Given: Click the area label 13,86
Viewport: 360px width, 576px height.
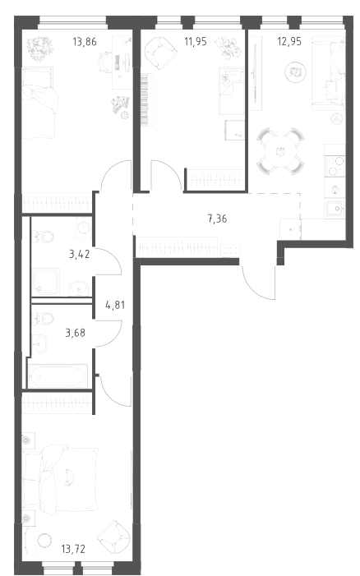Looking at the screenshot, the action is coord(85,42).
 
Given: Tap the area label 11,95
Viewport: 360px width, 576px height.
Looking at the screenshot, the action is coord(195,42).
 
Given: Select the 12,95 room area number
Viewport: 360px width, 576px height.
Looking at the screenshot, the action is coord(289,41).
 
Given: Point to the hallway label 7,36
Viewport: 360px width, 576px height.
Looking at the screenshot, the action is coord(217,219).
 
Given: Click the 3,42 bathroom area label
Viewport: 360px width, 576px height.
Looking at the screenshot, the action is coord(80,254).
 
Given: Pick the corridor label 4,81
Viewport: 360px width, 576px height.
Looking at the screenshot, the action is coord(115,305).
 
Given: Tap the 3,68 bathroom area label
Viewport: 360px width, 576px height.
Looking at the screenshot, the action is coord(76,333).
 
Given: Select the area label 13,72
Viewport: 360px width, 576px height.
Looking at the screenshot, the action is coord(73,549).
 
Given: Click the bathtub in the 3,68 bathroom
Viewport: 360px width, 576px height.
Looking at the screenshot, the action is coord(58,376).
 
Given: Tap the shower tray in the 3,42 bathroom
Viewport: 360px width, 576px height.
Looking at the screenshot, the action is coord(45,282).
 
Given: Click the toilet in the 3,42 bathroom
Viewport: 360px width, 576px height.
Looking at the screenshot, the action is coord(43,236).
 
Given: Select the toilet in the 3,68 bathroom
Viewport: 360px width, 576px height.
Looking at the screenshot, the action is coord(43,318).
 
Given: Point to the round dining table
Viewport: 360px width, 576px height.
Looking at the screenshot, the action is coord(281,151).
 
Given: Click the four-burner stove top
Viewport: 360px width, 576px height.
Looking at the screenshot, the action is coord(335,166).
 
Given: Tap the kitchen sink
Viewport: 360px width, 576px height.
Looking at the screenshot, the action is coord(335,209).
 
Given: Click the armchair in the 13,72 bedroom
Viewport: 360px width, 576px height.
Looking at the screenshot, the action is coord(114,536).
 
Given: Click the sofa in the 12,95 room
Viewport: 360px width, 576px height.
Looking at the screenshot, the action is coord(329,73).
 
